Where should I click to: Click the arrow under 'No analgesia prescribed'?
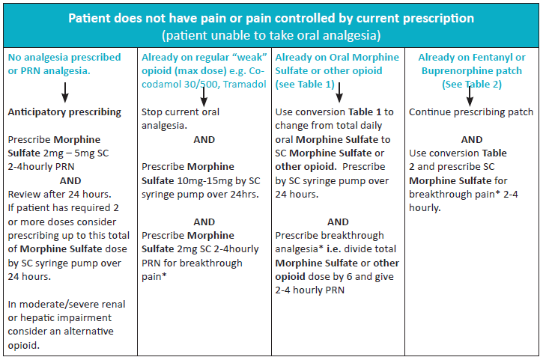[65, 91]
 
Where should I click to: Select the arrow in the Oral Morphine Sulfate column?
[339, 91]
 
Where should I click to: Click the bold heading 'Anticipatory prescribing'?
[64, 112]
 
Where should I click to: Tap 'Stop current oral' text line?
[182, 112]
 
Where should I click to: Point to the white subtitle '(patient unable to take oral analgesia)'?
[272, 35]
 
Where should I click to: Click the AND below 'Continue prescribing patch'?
[471, 139]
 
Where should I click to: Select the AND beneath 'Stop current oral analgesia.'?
[204, 139]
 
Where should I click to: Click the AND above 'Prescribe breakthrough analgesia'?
[338, 222]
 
